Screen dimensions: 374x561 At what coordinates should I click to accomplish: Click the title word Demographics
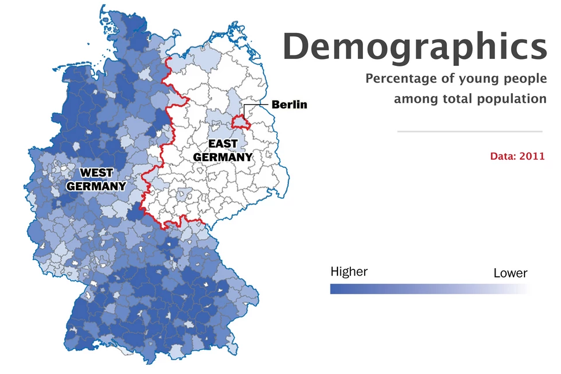point(414,47)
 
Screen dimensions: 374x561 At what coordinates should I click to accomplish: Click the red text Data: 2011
point(517,156)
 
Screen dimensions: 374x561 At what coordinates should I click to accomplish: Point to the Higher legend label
point(349,272)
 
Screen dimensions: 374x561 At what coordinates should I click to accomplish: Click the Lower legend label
point(510,273)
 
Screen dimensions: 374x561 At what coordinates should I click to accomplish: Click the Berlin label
point(289,105)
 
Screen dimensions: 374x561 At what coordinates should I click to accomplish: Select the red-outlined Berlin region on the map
point(240,122)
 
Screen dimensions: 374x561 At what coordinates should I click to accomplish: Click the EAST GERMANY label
point(222,150)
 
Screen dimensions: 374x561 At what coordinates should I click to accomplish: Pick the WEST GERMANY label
point(96,179)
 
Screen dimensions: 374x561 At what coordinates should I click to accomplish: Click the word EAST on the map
point(223,143)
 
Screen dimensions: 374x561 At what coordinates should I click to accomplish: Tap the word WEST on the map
point(96,172)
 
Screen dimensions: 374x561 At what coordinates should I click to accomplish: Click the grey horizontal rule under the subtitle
point(470,131)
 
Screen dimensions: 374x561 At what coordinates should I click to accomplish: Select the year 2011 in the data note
point(532,156)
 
